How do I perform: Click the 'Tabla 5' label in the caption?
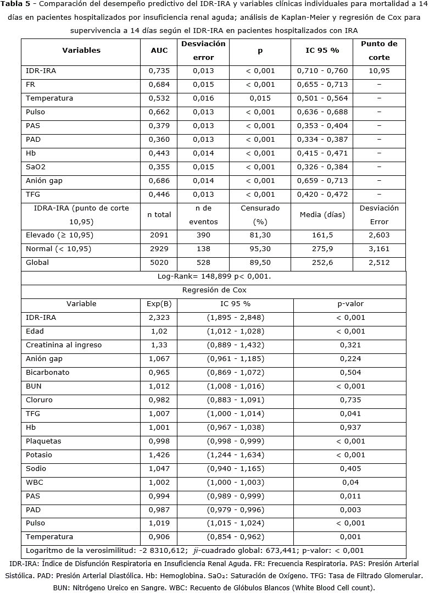(x=15, y=4)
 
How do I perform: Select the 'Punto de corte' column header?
(x=379, y=50)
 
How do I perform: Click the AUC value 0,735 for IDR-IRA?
(x=159, y=71)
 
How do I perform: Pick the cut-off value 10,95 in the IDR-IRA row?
(x=379, y=71)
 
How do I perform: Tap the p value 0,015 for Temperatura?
(x=260, y=98)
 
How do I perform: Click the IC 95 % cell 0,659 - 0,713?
(x=322, y=181)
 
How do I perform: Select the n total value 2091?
(x=159, y=235)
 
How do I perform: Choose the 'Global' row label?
(x=37, y=263)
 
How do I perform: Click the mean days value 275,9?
(x=322, y=249)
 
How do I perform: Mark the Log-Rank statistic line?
(x=214, y=276)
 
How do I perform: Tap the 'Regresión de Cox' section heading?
(x=214, y=290)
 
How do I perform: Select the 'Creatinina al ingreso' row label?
(x=63, y=345)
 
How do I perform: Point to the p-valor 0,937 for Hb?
(x=350, y=428)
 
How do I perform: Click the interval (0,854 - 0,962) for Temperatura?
(x=236, y=537)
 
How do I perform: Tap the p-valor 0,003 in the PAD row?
(x=350, y=509)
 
